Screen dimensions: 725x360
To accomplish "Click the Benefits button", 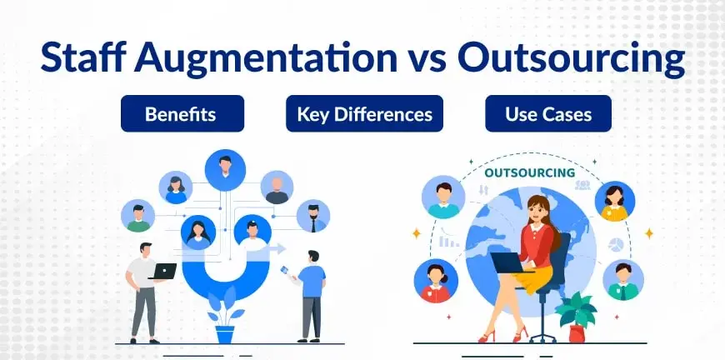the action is tap(182, 113).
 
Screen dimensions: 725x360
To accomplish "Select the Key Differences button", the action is tap(364, 113).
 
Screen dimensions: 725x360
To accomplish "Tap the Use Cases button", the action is tap(548, 113).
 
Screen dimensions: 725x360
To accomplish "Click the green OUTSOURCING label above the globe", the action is tap(529, 173).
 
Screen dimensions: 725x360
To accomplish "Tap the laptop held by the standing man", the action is tap(163, 272).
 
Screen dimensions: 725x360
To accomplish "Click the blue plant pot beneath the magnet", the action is tap(225, 334).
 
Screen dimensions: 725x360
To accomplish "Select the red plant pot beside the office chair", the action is tap(577, 333).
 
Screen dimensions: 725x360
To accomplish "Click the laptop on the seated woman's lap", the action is tap(507, 262).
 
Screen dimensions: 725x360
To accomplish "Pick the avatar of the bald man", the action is tap(277, 187).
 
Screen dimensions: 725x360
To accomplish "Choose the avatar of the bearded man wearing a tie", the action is tap(313, 216).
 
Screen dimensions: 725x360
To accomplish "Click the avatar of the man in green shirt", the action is tap(137, 216).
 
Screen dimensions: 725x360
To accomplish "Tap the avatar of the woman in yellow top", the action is tap(614, 202).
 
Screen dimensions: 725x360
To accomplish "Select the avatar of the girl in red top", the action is tap(436, 281).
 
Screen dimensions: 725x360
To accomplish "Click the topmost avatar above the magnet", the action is tap(225, 170).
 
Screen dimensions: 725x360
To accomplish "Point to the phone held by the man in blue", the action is tap(285, 270).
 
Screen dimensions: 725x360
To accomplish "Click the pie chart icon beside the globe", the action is tap(616, 244).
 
